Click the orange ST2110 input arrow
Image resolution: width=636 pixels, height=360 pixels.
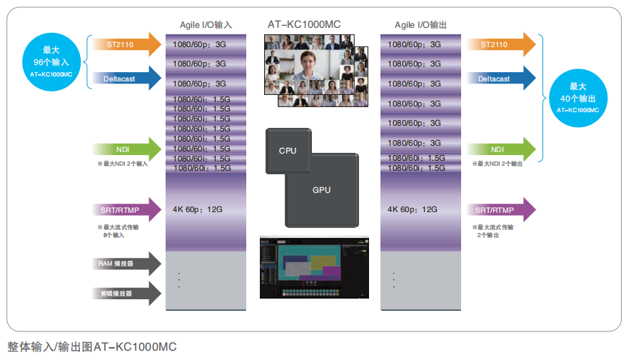pyautogui.click(x=126, y=44)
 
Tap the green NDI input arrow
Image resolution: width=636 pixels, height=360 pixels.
pyautogui.click(x=126, y=149)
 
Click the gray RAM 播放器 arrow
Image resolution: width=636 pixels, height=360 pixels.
pyautogui.click(x=126, y=264)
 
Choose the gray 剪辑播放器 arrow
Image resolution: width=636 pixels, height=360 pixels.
pyautogui.click(x=126, y=292)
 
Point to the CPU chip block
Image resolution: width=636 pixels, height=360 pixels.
pyautogui.click(x=287, y=151)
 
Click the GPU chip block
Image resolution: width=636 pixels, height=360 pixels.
pyautogui.click(x=322, y=190)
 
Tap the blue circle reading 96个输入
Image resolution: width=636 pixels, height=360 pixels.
pyautogui.click(x=51, y=62)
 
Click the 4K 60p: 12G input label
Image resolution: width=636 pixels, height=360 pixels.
pyautogui.click(x=198, y=209)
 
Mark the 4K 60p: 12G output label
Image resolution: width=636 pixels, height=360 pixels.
pyautogui.click(x=412, y=209)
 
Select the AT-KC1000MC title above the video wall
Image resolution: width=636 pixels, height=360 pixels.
pyautogui.click(x=304, y=24)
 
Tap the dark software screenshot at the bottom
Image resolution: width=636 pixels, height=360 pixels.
pyautogui.click(x=315, y=269)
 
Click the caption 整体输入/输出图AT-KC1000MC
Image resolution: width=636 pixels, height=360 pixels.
pyautogui.click(x=91, y=347)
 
